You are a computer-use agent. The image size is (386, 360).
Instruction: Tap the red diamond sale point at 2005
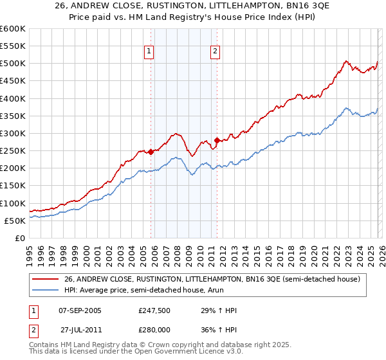151,152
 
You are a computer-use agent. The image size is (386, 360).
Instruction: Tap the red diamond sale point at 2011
217,140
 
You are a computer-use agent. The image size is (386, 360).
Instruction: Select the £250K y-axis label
13,151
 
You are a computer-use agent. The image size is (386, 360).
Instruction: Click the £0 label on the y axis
19,238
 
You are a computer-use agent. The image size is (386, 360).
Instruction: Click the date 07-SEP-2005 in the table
80,310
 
